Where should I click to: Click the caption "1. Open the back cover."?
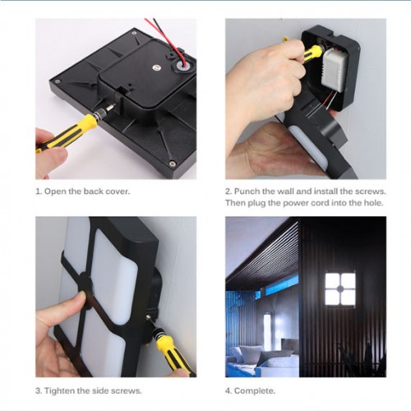83,192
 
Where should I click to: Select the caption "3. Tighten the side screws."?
89,390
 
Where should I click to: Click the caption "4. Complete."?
250,390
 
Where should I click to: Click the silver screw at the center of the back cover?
157,67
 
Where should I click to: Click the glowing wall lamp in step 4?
340,289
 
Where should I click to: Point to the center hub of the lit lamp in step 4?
340,289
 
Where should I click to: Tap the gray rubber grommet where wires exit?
182,66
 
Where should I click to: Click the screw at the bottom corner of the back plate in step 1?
172,164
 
